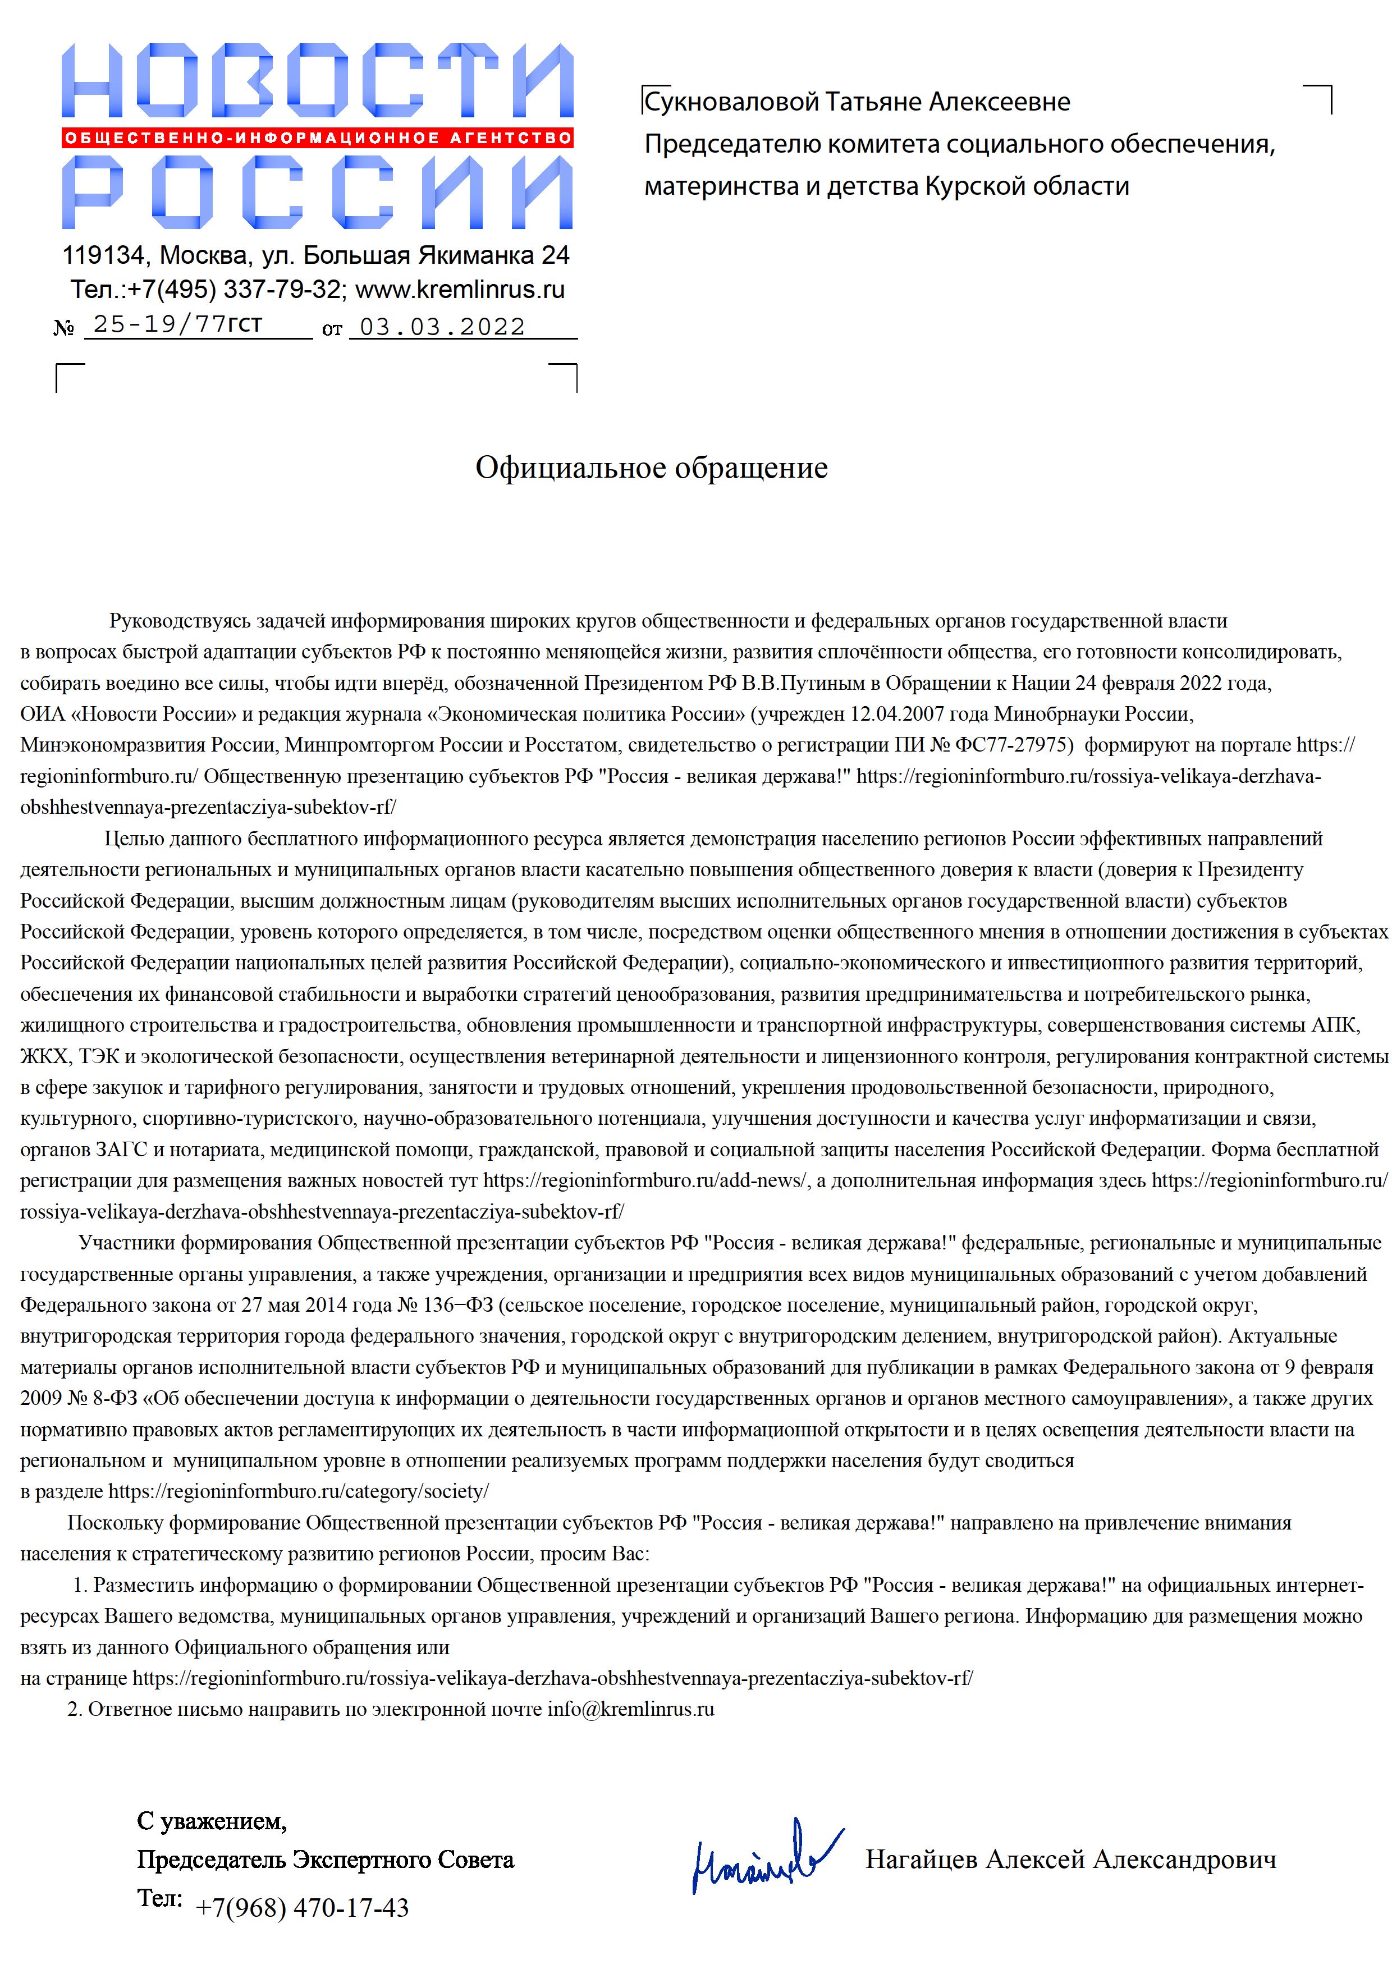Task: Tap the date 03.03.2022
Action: tap(442, 327)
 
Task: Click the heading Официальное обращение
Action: tap(651, 468)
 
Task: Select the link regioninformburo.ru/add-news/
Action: tap(645, 1181)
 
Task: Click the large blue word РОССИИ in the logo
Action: tap(317, 193)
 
